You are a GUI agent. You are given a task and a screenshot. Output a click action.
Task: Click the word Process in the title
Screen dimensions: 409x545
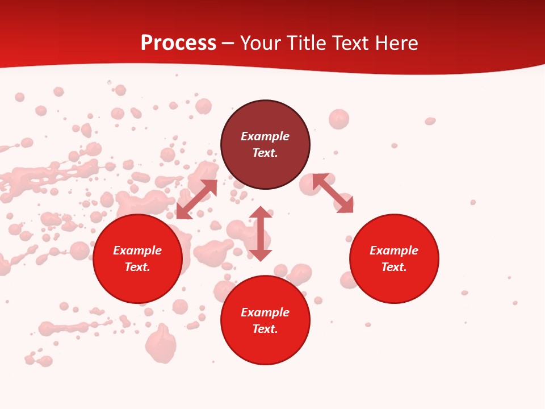coord(178,43)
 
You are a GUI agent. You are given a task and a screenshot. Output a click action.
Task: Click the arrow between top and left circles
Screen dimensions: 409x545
coord(196,199)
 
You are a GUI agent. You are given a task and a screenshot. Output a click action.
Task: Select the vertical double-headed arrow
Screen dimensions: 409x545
coord(261,233)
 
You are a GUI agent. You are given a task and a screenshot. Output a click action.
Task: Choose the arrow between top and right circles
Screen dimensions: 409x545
coord(333,193)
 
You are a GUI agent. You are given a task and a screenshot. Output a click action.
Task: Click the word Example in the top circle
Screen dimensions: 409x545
coord(265,136)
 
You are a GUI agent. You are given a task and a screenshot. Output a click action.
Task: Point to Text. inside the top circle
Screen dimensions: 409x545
coord(265,153)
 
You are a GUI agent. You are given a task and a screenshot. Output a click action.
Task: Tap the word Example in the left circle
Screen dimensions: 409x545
coord(137,251)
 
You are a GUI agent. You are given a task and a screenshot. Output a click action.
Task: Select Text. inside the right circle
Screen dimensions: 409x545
coord(394,267)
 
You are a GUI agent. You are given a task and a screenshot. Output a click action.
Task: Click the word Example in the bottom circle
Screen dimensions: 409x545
coord(265,312)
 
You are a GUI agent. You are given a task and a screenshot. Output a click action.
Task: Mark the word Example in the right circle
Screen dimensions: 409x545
coord(394,251)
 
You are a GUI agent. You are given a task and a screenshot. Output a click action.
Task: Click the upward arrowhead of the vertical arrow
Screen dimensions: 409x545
coord(261,212)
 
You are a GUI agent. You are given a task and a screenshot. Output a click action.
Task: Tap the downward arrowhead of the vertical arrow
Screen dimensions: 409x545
coord(261,255)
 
